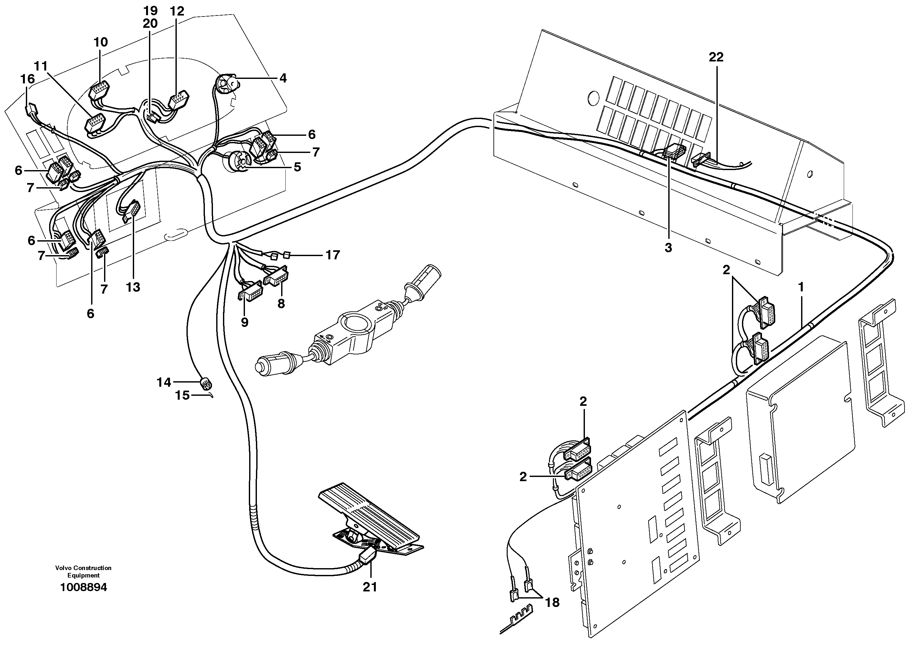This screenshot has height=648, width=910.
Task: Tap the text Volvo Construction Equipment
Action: tap(83, 571)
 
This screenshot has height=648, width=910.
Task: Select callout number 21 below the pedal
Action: tap(370, 587)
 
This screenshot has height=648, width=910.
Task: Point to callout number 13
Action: tap(133, 287)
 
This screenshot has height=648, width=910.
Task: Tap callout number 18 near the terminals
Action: tap(552, 602)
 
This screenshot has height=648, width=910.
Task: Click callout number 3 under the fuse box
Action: tap(668, 248)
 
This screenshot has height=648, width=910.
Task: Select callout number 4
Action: tap(283, 78)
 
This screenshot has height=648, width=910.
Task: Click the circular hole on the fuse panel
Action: tap(593, 97)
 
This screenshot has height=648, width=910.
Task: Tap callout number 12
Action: tap(177, 12)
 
